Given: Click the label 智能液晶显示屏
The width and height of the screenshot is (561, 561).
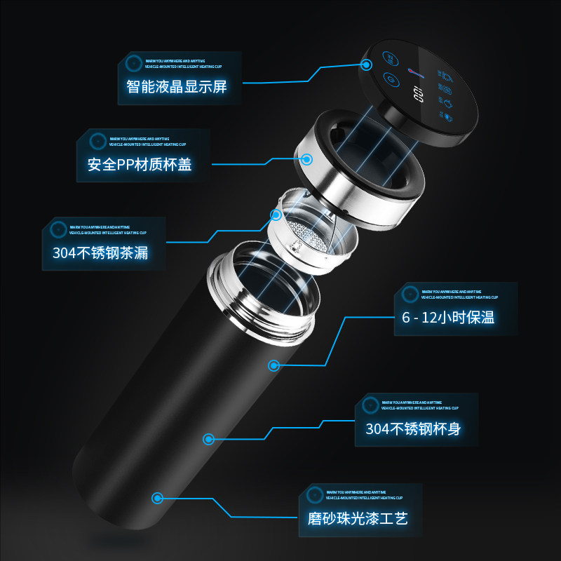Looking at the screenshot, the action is pyautogui.click(x=176, y=86).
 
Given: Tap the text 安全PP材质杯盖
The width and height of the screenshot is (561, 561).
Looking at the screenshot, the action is pyautogui.click(x=139, y=165).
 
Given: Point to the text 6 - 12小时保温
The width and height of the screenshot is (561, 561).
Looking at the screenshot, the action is pyautogui.click(x=448, y=317).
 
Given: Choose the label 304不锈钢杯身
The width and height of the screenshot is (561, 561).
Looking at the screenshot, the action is pyautogui.click(x=413, y=428).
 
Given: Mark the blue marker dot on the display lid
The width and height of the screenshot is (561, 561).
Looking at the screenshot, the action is pyautogui.click(x=366, y=65).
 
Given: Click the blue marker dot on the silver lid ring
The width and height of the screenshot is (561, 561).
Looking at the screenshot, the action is pyautogui.click(x=306, y=159).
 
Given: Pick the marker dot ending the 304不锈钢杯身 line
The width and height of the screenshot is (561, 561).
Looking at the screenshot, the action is pyautogui.click(x=208, y=439).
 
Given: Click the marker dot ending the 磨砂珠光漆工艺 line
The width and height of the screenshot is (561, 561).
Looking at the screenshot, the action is pyautogui.click(x=158, y=498).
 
